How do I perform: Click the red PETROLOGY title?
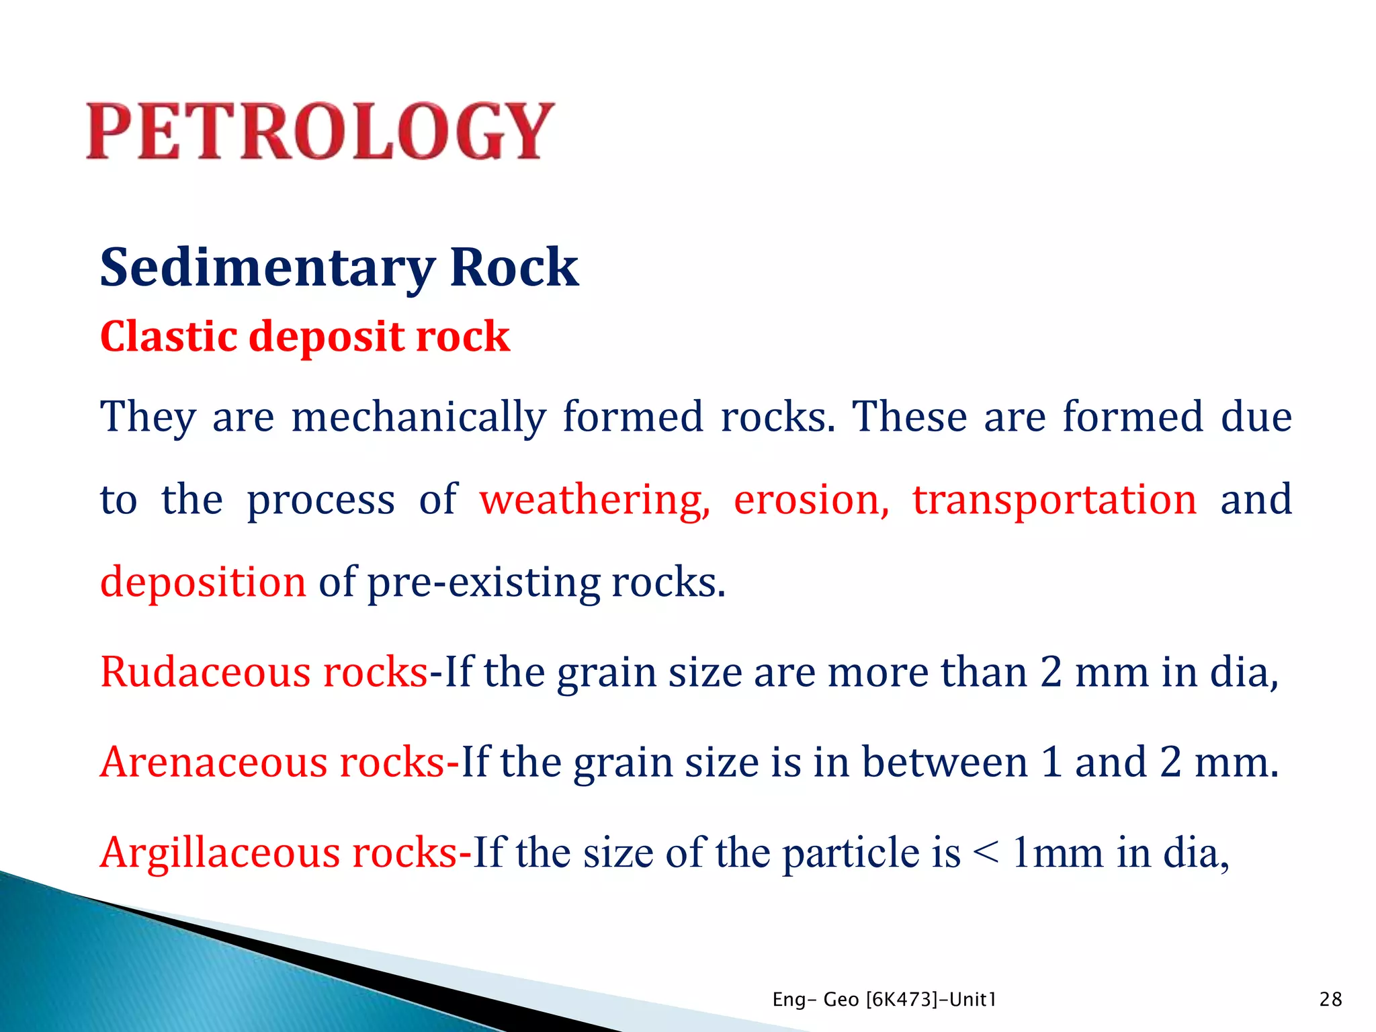(x=320, y=131)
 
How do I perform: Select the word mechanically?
(x=419, y=417)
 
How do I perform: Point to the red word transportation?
(x=1054, y=501)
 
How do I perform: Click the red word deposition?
(x=203, y=583)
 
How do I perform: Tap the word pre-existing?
(x=484, y=583)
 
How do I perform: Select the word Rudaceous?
(x=205, y=672)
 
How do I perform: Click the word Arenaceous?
(x=213, y=763)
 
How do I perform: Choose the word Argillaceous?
(x=220, y=853)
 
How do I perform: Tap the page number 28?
(x=1330, y=1000)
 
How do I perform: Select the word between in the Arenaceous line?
(x=945, y=763)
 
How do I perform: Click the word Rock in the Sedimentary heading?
(x=513, y=267)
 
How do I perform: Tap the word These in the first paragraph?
(x=909, y=417)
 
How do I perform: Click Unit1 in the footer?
(x=971, y=1000)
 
